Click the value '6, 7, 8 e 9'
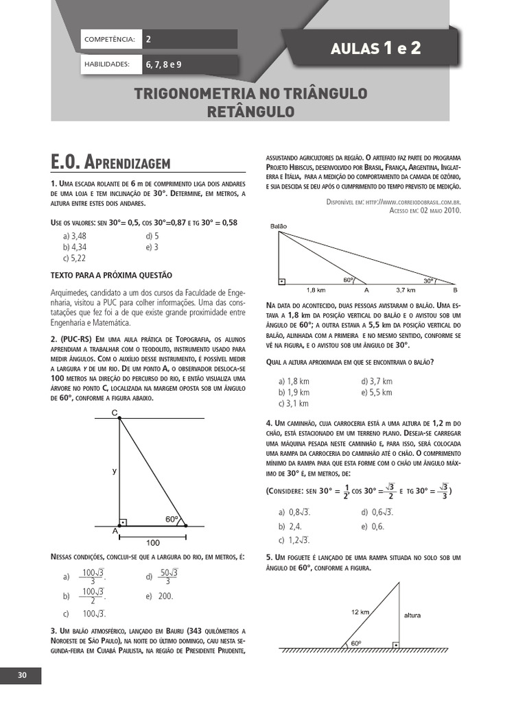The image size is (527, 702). (x=163, y=64)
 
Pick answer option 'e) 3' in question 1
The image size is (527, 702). (x=152, y=247)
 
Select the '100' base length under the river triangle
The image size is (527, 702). (x=152, y=542)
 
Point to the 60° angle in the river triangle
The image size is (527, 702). (x=171, y=518)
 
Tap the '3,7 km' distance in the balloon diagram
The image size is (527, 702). (x=406, y=290)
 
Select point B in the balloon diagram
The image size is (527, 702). (x=455, y=290)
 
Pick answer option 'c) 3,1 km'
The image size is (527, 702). (x=294, y=403)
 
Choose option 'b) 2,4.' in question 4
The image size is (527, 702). (x=291, y=526)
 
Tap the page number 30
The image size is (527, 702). (x=22, y=675)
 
